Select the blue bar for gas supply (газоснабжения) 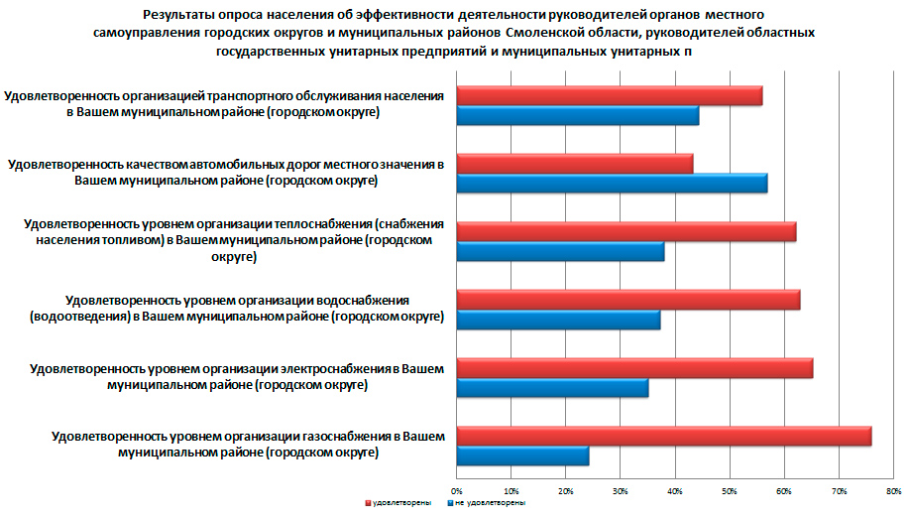click(x=522, y=456)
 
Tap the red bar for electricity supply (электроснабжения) click(x=633, y=368)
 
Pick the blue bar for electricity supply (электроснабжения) click(x=552, y=388)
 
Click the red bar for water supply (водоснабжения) click(x=627, y=300)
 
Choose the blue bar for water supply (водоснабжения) click(x=558, y=320)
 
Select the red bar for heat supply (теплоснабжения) click(x=626, y=232)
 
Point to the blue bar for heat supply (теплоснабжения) click(x=560, y=252)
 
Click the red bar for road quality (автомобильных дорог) click(x=575, y=164)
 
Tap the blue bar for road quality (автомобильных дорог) click(x=612, y=184)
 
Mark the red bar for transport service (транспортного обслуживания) click(x=609, y=95)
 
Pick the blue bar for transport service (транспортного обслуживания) click(x=577, y=115)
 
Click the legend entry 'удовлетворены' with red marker click(x=399, y=504)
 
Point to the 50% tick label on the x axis click(x=730, y=490)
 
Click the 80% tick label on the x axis click(x=893, y=490)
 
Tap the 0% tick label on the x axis click(x=457, y=490)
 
